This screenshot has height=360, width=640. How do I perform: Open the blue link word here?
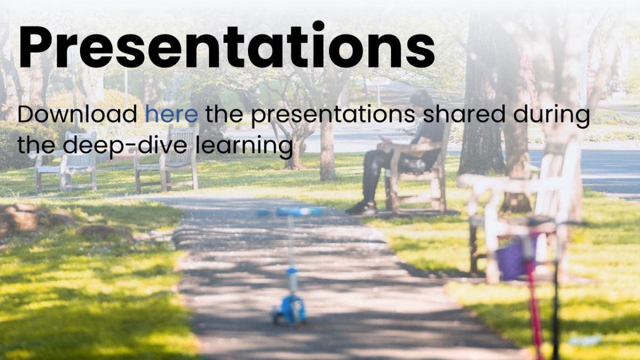coord(171,114)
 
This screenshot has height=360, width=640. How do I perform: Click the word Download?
coord(77,114)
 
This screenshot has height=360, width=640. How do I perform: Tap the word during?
coord(551,116)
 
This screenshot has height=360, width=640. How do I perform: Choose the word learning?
coord(244,147)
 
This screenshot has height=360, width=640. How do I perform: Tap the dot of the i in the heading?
coord(318,26)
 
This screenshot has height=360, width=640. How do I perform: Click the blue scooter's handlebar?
coord(290,212)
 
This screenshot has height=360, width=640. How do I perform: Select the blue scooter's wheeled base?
coord(289,310)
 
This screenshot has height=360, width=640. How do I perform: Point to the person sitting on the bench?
coord(397,151)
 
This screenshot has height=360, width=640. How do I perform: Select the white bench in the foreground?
coord(520,211)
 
